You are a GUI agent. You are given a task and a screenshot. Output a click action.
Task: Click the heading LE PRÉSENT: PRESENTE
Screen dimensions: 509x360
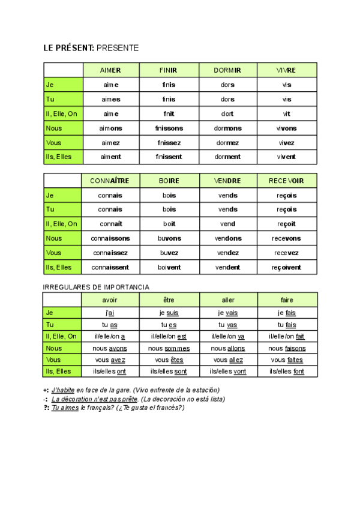pyautogui.click(x=91, y=48)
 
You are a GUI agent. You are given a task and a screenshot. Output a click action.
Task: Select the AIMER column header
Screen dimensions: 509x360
pyautogui.click(x=110, y=70)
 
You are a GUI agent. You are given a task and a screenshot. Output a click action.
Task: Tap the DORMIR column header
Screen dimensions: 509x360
pyautogui.click(x=227, y=70)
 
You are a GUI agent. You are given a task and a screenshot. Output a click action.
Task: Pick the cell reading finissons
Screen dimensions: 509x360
pyautogui.click(x=169, y=128)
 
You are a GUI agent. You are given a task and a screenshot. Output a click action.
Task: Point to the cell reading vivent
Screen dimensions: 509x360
pyautogui.click(x=287, y=157)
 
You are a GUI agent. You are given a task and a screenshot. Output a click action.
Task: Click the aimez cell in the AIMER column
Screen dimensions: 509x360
pyautogui.click(x=110, y=142)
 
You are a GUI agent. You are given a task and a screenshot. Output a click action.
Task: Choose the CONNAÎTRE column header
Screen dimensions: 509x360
pyautogui.click(x=110, y=181)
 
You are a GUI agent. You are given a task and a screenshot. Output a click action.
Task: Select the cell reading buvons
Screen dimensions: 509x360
pyautogui.click(x=169, y=238)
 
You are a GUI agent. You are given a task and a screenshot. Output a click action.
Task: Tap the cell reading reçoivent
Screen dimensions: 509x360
pyautogui.click(x=287, y=267)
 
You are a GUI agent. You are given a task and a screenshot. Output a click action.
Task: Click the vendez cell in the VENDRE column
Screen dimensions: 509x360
pyautogui.click(x=227, y=253)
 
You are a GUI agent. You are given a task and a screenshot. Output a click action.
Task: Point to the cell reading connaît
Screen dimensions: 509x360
pyautogui.click(x=110, y=224)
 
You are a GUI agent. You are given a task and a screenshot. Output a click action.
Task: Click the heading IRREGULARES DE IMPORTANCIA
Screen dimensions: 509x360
pyautogui.click(x=96, y=287)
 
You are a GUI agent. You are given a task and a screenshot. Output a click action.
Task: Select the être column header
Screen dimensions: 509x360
pyautogui.click(x=169, y=300)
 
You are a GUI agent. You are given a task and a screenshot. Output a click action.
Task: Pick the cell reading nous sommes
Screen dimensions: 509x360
pyautogui.click(x=169, y=348)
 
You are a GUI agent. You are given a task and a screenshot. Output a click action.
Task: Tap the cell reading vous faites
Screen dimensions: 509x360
pyautogui.click(x=287, y=360)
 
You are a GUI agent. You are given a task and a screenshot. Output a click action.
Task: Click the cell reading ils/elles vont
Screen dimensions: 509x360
pyautogui.click(x=227, y=372)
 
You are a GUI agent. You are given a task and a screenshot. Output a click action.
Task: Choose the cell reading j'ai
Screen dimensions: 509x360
pyautogui.click(x=110, y=313)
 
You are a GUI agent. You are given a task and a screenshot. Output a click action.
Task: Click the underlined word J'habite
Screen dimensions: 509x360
pyautogui.click(x=63, y=390)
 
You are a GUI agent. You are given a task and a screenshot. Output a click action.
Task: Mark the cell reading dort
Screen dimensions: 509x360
pyautogui.click(x=227, y=113)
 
